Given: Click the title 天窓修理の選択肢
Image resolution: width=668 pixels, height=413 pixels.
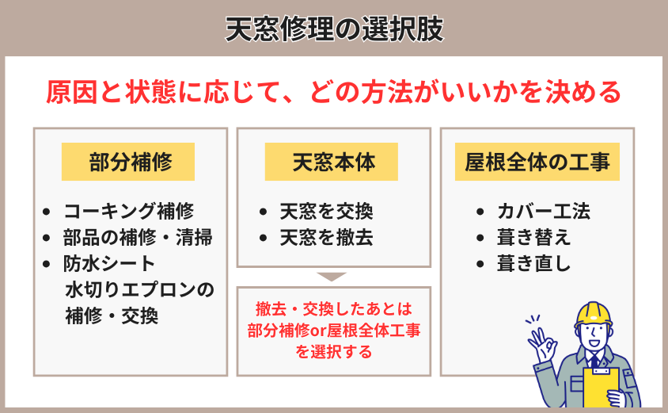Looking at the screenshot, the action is point(335,29).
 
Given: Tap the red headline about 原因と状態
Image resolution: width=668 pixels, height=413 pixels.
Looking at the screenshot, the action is point(333,92).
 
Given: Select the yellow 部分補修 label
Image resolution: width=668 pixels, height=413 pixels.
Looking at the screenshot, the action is point(128,162).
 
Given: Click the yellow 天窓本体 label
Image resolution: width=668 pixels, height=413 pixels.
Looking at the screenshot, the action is point(332,162).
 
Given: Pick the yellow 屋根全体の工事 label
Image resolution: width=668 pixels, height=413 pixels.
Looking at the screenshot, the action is point(537,162).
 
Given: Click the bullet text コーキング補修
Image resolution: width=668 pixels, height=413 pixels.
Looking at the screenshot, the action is point(129,211).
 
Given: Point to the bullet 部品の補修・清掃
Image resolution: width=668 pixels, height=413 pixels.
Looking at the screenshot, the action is point(138,237).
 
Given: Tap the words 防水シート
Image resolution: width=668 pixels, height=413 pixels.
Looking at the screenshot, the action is point(109,263).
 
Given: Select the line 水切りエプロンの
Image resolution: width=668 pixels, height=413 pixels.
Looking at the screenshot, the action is point(140,289).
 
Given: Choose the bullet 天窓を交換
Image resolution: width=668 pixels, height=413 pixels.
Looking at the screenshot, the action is point(326,211).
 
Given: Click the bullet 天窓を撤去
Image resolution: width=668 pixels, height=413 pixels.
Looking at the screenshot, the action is point(326,237).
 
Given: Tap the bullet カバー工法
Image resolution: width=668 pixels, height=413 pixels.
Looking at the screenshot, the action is point(544,211).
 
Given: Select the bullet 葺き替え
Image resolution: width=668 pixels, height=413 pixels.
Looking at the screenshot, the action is point(533,237).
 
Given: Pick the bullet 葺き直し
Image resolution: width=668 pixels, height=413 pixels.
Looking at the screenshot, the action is point(533,263).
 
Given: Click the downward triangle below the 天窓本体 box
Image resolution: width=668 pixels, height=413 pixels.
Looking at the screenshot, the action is point(332,277).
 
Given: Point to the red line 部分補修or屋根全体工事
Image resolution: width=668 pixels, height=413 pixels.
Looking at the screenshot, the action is point(334,331).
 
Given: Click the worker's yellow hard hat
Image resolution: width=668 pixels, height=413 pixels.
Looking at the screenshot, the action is point(593,315).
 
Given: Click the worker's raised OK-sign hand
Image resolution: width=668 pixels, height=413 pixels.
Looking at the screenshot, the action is point(541,343).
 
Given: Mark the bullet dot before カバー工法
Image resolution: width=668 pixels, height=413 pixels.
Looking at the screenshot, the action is point(480,212).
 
